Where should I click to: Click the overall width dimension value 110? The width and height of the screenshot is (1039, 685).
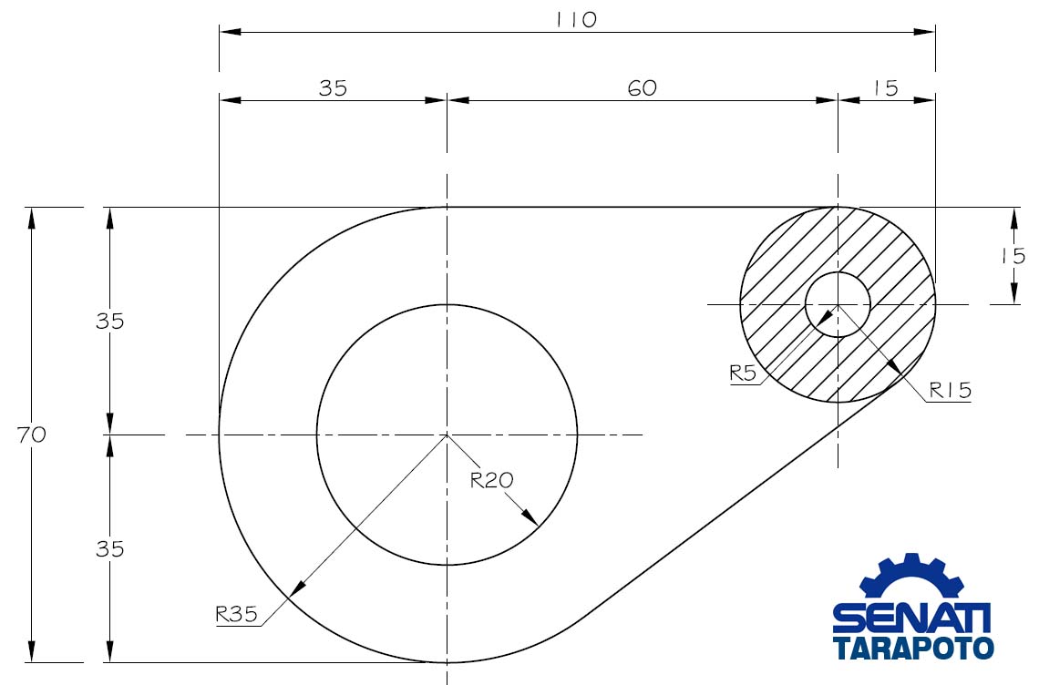(x=576, y=19)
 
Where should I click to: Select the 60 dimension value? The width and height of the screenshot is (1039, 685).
(x=642, y=87)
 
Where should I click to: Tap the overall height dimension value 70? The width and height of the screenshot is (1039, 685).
(x=31, y=435)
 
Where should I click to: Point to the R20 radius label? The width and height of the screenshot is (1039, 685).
(x=489, y=480)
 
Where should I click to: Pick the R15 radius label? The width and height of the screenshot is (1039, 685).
(x=951, y=391)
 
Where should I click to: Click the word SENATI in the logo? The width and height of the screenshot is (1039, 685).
(x=911, y=619)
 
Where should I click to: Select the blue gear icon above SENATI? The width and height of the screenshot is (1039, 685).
(x=911, y=578)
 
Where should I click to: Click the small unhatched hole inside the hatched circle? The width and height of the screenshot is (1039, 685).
(x=838, y=303)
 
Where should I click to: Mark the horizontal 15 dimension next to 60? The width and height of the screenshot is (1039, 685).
(x=884, y=87)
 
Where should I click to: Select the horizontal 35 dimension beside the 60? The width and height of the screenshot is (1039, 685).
(x=333, y=87)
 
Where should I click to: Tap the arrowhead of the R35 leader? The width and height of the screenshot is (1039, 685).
(x=294, y=588)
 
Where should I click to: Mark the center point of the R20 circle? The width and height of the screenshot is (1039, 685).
(x=447, y=435)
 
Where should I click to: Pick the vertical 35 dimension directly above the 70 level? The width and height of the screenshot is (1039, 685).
(x=110, y=322)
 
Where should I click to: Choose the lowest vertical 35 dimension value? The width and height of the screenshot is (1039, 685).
(x=110, y=549)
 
